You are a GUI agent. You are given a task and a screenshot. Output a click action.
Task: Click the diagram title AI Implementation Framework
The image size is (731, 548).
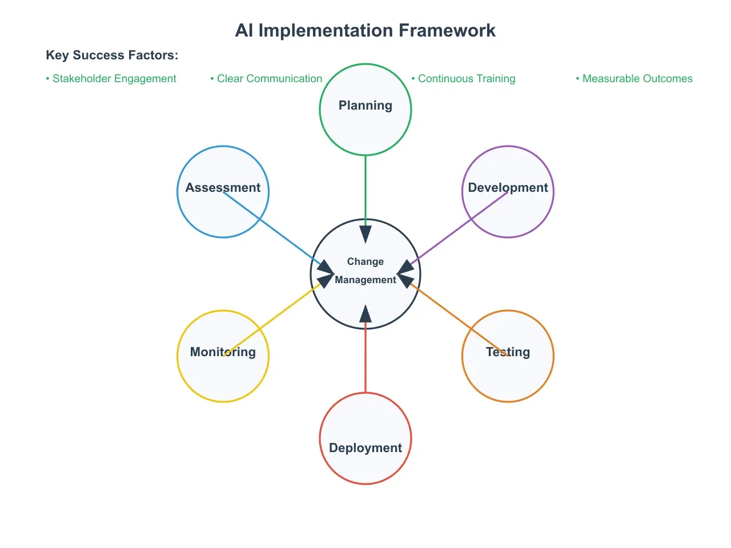(x=365, y=30)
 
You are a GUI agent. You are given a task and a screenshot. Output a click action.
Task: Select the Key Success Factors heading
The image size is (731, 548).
(x=112, y=55)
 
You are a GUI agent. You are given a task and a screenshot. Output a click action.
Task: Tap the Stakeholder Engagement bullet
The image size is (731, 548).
(x=111, y=79)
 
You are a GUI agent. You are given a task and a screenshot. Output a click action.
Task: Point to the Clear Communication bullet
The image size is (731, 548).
(x=266, y=79)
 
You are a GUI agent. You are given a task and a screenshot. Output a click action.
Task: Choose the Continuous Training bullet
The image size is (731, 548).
(x=463, y=79)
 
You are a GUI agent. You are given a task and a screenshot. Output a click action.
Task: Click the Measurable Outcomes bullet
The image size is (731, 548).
(x=634, y=79)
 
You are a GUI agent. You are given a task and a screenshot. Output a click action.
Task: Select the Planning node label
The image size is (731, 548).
(x=365, y=106)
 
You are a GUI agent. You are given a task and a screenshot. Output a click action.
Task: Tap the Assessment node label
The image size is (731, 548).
(x=223, y=188)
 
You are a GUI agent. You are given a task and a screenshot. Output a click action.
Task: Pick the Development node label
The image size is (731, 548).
(x=508, y=188)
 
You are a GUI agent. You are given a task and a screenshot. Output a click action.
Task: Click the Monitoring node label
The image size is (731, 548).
(x=223, y=352)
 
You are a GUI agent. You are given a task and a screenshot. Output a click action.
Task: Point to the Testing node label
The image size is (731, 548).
(x=508, y=352)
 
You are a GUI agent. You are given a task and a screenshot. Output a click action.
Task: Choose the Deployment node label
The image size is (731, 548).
(x=365, y=448)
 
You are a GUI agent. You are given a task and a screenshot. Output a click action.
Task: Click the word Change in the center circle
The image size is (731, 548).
(x=365, y=261)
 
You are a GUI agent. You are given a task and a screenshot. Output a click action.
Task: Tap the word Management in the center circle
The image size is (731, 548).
(x=365, y=280)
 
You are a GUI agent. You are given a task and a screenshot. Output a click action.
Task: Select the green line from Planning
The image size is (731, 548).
(x=365, y=188)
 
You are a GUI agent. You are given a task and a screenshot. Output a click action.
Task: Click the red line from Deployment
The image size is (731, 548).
(x=365, y=360)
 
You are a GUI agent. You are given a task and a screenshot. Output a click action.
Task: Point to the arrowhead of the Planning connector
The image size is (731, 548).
(x=365, y=234)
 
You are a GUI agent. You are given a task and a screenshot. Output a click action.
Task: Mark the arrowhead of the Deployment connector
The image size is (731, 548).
(x=365, y=314)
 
